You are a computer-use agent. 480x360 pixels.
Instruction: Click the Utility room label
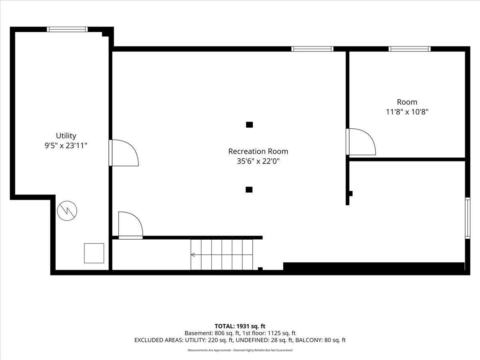point(66,136)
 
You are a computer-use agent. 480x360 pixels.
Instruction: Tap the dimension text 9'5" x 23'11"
point(66,145)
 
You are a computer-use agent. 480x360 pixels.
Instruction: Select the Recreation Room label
point(258,151)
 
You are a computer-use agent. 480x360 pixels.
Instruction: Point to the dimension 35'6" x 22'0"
point(258,161)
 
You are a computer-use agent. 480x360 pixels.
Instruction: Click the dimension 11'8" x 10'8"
point(407,112)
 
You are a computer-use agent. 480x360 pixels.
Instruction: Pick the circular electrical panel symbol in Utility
point(67,211)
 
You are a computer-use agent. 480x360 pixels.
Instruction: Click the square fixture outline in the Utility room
point(94,253)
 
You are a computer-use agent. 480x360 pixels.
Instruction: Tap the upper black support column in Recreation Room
point(249,124)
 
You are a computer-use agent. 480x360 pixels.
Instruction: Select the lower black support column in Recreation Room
point(249,190)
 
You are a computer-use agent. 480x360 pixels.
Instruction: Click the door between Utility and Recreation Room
point(124,153)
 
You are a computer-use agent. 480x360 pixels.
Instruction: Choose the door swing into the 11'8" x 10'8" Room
point(361,142)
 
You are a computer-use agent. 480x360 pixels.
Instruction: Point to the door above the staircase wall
point(130,225)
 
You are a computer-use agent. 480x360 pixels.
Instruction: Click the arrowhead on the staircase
point(193,255)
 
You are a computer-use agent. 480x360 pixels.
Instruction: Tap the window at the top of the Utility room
point(67,29)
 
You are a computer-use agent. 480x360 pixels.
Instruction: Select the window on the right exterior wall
point(468,218)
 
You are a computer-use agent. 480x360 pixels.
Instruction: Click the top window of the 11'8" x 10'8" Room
point(410,49)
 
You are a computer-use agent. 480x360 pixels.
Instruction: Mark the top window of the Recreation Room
point(312,49)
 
